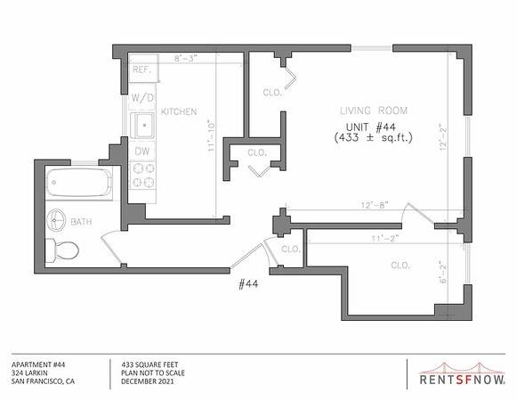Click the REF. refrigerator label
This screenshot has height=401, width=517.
click(x=141, y=70)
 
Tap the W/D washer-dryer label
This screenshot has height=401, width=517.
click(x=142, y=98)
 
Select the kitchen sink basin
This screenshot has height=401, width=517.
click(x=142, y=125)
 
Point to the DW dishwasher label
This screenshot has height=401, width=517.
click(x=142, y=151)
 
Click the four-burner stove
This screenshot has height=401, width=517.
click(x=143, y=175)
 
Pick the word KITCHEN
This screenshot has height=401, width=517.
click(x=179, y=111)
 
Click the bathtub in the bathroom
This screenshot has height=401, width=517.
click(x=79, y=183)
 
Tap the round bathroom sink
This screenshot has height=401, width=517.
click(x=56, y=220)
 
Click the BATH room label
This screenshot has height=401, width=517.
click(x=81, y=222)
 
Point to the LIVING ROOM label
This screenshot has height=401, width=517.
click(x=374, y=110)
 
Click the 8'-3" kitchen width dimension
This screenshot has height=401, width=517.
click(x=186, y=59)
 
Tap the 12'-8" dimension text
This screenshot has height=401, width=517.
click(x=375, y=205)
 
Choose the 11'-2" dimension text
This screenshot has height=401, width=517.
click(x=385, y=238)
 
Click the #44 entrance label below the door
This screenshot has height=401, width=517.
click(x=248, y=284)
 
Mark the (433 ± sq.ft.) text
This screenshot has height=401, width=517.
click(x=374, y=137)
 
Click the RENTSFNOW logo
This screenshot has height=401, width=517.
click(x=462, y=374)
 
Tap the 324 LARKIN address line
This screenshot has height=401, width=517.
click(x=29, y=373)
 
